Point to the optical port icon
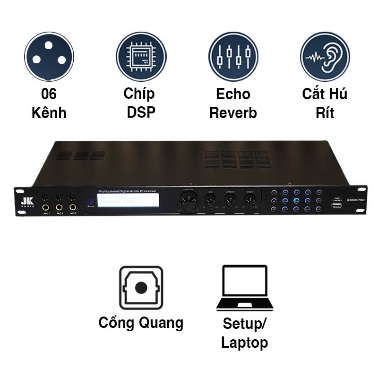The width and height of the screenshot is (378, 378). [x=141, y=288]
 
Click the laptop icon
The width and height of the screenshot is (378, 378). [x=244, y=288]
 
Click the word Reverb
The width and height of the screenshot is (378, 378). [x=233, y=113]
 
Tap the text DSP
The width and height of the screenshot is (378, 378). [x=141, y=113]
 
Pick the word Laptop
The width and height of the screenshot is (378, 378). [x=244, y=343]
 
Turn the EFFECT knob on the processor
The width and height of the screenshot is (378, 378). [x=230, y=202]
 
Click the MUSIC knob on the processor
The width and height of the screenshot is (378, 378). [x=250, y=202]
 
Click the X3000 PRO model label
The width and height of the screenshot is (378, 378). [x=356, y=200]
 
